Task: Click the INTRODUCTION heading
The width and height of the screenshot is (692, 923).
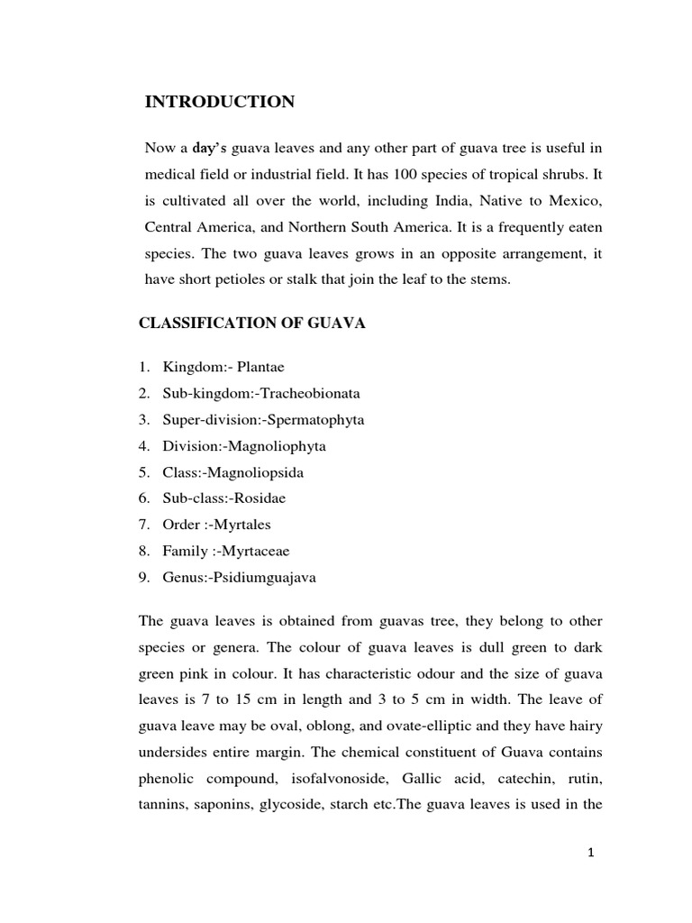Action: point(220,102)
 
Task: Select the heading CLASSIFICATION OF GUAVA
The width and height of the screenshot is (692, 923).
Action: point(251,324)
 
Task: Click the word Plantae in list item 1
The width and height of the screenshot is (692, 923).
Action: point(261,367)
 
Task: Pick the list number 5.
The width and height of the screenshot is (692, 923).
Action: point(143,472)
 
